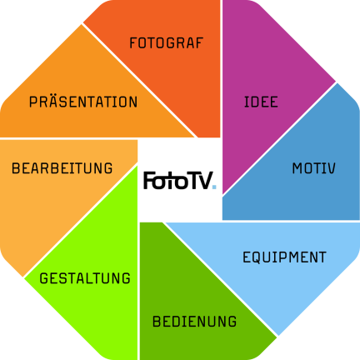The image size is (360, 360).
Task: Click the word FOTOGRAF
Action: point(167,43)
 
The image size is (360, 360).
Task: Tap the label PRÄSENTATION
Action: point(83,101)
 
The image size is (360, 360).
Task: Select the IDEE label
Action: point(261,102)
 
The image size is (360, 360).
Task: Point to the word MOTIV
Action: point(313,168)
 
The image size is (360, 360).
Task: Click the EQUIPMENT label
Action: point(284,257)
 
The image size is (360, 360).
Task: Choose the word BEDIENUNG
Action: point(194,322)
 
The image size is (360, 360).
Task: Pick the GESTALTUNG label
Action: point(85,278)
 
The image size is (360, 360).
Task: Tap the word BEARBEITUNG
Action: point(62,168)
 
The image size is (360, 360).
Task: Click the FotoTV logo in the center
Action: point(180,180)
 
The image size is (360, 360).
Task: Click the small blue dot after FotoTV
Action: point(214,187)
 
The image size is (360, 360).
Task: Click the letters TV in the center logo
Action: point(201,181)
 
